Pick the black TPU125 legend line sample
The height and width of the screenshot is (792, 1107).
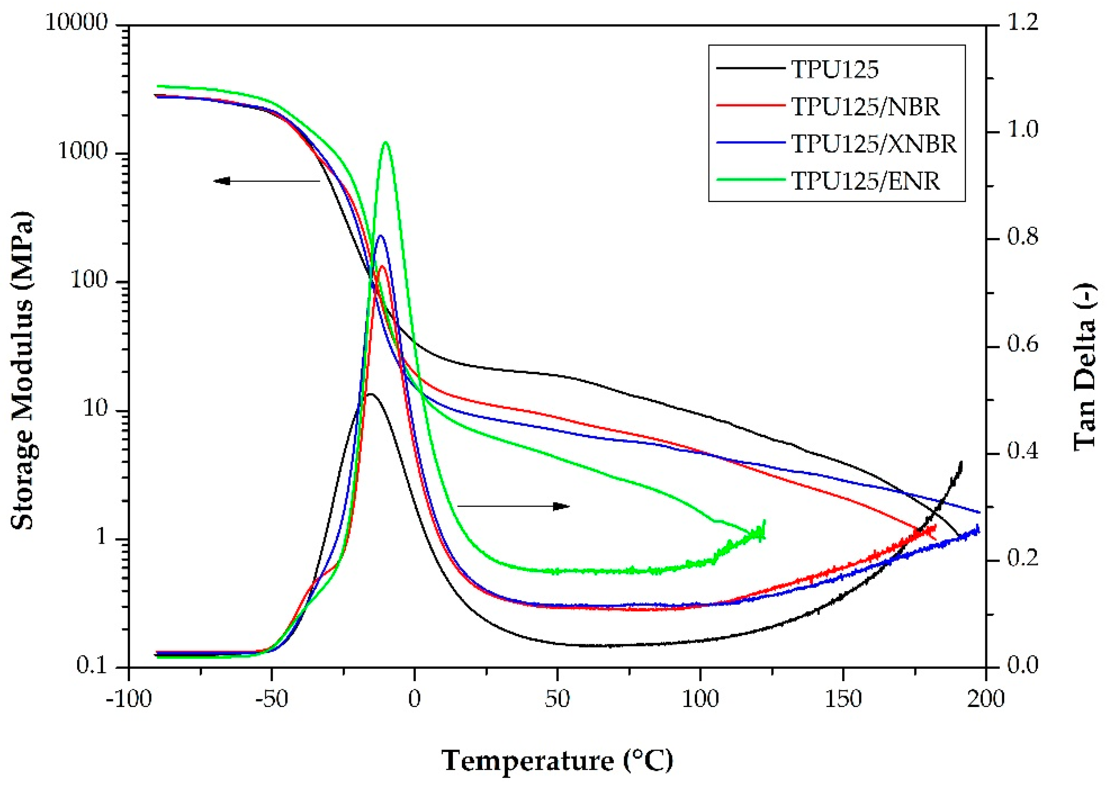click(x=750, y=69)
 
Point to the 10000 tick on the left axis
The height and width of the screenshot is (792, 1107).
click(x=77, y=23)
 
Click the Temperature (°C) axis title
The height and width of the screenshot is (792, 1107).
click(x=557, y=761)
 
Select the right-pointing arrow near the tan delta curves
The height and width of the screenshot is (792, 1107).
click(x=513, y=506)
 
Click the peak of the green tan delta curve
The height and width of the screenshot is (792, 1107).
click(x=386, y=142)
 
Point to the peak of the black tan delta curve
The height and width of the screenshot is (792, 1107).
click(x=371, y=394)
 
